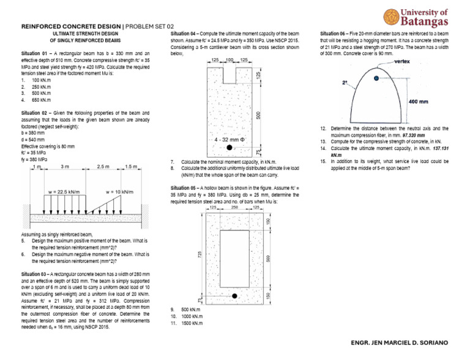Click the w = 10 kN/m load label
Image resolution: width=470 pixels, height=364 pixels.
click(x=119, y=191)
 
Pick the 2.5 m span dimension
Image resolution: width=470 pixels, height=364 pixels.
click(x=103, y=167)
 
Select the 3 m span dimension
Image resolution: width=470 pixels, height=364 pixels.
click(x=64, y=167)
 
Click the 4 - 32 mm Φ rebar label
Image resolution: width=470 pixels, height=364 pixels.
click(x=230, y=140)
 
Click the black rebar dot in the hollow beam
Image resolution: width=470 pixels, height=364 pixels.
click(x=234, y=297)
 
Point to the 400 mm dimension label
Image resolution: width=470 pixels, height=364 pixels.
click(x=418, y=100)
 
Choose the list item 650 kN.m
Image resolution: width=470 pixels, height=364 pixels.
click(x=42, y=99)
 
